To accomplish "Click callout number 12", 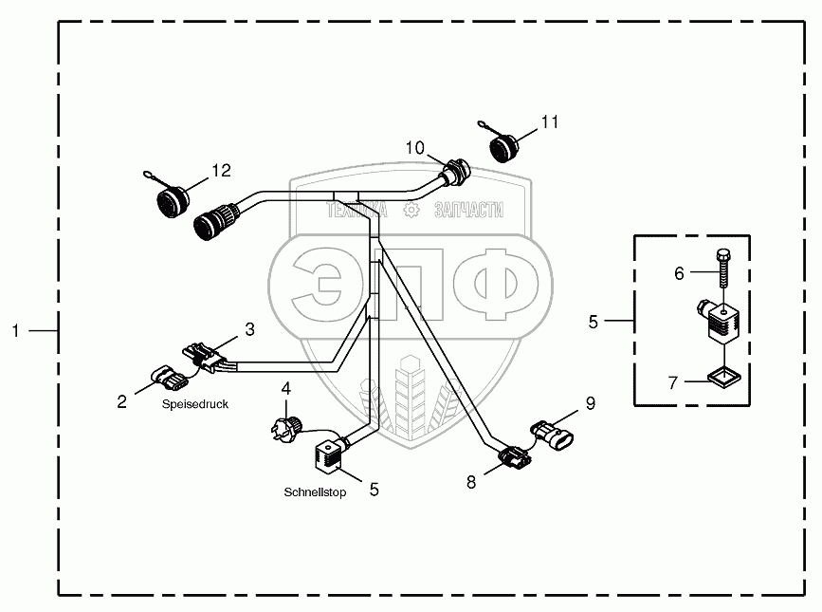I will tap(221, 171).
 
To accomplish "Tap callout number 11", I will tap(551, 122).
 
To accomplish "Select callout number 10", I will tap(416, 147).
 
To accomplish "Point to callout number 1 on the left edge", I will tap(15, 330).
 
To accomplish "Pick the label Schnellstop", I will tap(315, 492).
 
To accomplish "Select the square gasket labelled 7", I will tap(725, 379).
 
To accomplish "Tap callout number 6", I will tap(679, 273).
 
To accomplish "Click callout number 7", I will tap(672, 383).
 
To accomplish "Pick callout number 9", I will tap(590, 403).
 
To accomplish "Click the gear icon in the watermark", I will tap(411, 211).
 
